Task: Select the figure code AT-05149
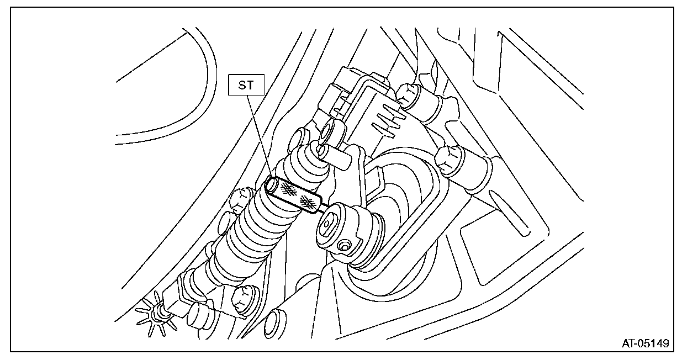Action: pos(645,344)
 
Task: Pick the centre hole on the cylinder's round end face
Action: pos(327,224)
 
